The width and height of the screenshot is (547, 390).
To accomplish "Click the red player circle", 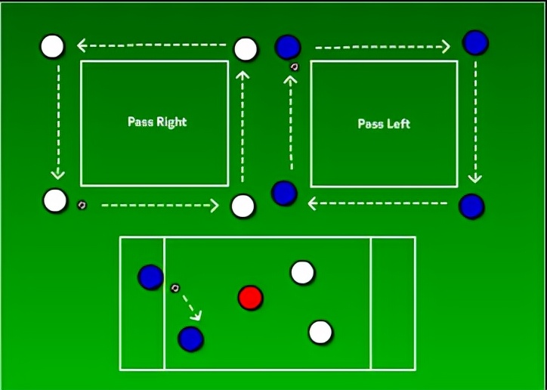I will pos(250,298).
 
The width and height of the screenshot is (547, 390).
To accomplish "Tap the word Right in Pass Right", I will pos(172,122).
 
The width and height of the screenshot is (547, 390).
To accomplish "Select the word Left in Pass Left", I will pos(398,123).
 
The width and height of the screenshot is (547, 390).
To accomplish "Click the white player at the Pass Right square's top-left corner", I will pos(52,46).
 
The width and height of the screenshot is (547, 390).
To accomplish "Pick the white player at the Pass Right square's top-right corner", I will pos(246,49).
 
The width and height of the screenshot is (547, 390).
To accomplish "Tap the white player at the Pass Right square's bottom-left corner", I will pos(55,201).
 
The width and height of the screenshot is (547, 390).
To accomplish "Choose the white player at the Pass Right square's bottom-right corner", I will pos(243,206).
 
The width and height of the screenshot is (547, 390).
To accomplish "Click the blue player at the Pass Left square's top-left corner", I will pos(288,47).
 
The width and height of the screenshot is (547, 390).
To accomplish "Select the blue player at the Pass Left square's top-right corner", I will pos(475,42).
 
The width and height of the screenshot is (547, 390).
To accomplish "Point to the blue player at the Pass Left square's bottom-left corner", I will pos(284,193).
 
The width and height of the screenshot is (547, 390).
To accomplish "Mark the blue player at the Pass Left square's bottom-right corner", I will pos(471,206).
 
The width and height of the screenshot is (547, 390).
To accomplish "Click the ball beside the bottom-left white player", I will pos(82,204).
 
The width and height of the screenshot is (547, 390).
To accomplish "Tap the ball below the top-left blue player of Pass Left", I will pos(294,67).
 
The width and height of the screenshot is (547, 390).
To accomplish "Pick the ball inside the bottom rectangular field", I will pos(175,287).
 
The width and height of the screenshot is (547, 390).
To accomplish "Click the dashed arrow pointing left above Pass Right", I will pos(152,46).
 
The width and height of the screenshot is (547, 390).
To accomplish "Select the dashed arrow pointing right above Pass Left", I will pos(382,48).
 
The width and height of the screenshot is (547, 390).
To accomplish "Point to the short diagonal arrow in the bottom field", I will pos(192,305).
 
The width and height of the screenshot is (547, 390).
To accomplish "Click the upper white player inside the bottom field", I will pos(302,272).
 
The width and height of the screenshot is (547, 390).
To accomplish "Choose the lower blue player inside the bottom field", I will pos(190,339).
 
